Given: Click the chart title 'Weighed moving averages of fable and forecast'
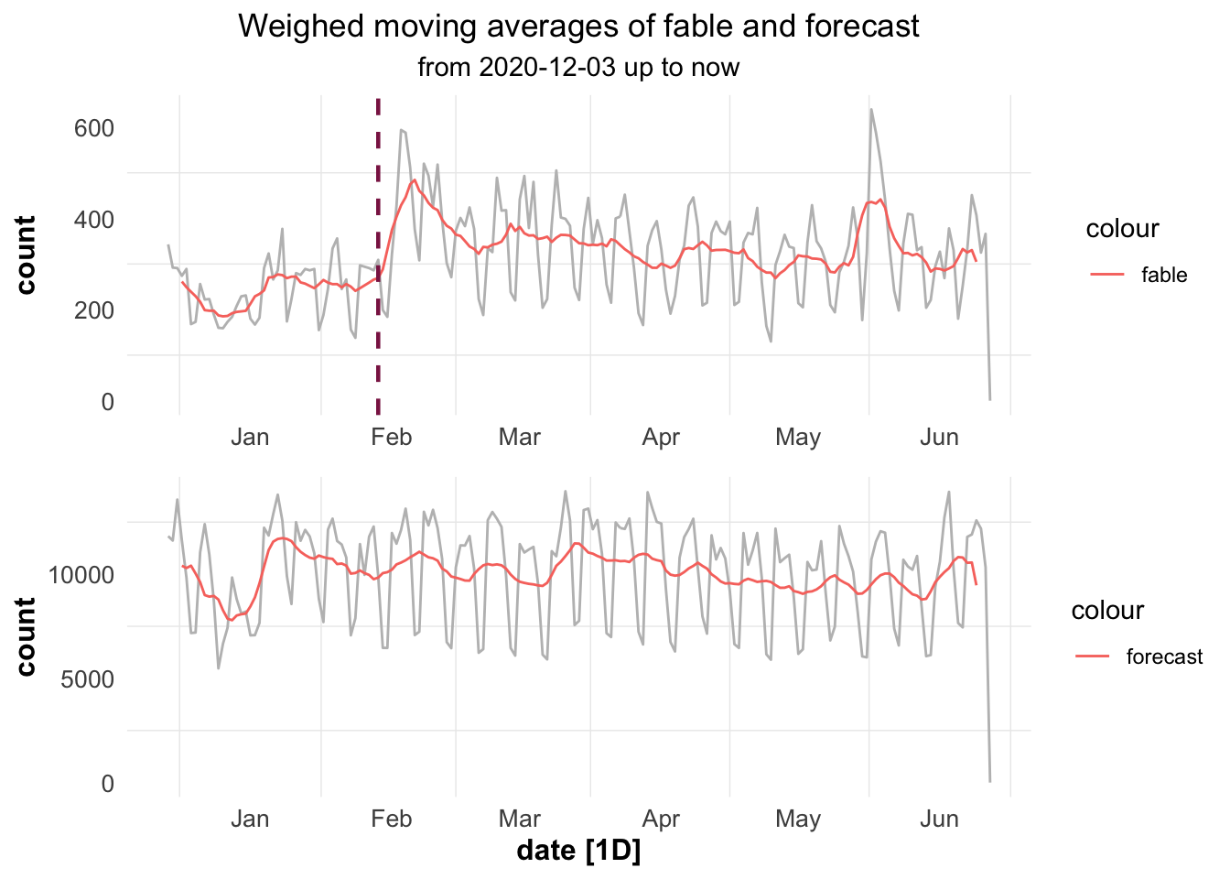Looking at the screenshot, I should tap(578, 27).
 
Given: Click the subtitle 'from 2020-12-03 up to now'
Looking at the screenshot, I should tap(578, 68).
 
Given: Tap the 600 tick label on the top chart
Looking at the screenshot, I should tap(94, 128).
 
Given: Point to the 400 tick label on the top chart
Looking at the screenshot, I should tap(94, 220).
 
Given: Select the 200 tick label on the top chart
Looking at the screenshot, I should tap(94, 310).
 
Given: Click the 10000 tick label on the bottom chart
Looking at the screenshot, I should tap(81, 575).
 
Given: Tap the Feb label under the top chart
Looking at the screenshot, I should tap(391, 437).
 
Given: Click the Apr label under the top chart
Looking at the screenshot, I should tap(661, 437).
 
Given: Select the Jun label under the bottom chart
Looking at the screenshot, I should tap(939, 819).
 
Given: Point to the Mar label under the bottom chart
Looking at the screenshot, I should tap(520, 819).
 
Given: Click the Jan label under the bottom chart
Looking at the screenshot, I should tap(250, 819).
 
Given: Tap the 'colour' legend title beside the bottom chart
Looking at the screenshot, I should tap(1107, 611).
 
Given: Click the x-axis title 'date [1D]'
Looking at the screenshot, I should tap(578, 852).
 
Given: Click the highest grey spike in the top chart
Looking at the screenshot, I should tap(871, 110).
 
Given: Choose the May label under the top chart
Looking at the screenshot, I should tap(797, 437).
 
